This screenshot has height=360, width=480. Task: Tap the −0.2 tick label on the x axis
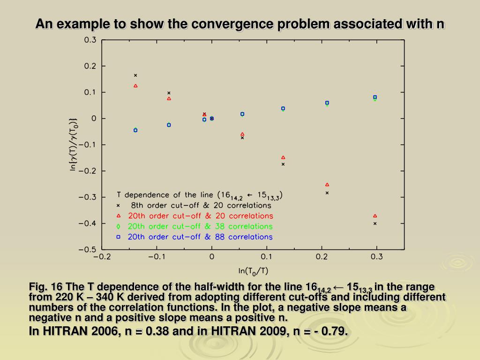pos(102,257)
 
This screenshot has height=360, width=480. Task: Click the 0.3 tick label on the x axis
pos(377,257)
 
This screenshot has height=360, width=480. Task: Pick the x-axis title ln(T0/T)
pos(253,270)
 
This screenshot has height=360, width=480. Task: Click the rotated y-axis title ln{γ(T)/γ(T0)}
pos(74,144)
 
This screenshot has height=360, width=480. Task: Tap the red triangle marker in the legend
pos(118,216)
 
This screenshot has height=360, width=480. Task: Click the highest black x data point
pos(135,75)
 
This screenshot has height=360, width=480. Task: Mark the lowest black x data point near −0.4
pos(375,224)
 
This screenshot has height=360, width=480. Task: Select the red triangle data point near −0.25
pos(327,185)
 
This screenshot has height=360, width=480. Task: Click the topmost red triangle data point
pos(135,86)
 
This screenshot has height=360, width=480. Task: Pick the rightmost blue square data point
pos(375,97)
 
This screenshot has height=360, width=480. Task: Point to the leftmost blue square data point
pos(135,130)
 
